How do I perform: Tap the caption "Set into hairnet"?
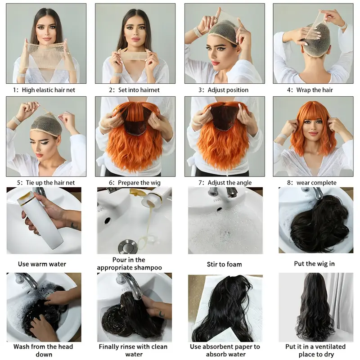coord(134,90)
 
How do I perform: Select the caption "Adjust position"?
coord(224,90)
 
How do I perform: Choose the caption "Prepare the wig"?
coord(134,183)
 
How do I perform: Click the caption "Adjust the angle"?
coord(224,183)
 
